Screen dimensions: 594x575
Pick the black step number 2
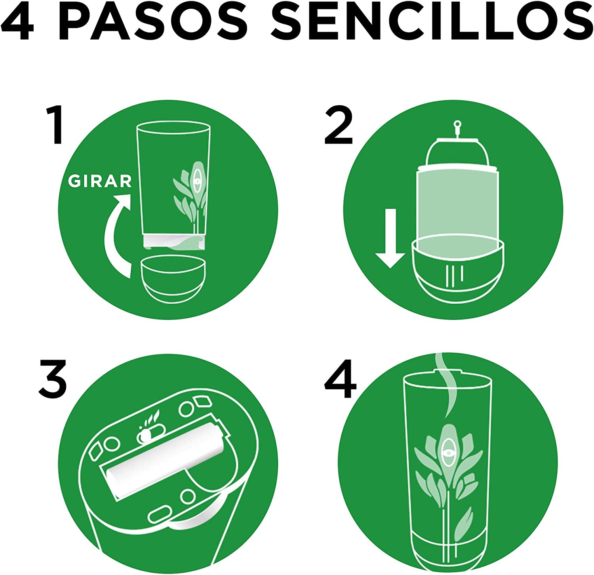[x=338, y=126]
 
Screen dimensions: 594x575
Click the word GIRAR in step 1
[x=100, y=181]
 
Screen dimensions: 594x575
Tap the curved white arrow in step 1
[x=114, y=234]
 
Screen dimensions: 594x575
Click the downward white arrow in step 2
[x=390, y=238]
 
